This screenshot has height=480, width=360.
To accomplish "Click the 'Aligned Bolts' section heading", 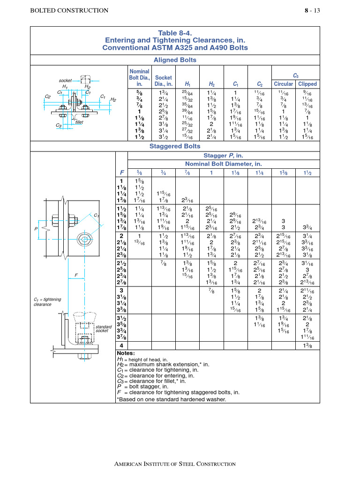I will point(175,60).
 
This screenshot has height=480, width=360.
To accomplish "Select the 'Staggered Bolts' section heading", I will point(175,146).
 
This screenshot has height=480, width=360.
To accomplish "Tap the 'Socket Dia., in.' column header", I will point(164,81).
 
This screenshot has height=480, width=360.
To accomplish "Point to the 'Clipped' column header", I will point(307,84).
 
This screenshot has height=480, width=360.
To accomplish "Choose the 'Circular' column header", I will point(283,84).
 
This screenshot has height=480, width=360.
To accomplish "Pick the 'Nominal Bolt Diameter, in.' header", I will point(224,164).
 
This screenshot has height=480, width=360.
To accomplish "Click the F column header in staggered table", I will point(121,172).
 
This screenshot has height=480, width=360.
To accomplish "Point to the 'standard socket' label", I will point(104,328).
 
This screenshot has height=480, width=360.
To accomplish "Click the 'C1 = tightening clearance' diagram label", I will point(48,301).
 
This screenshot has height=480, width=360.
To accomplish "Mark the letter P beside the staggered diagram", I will point(36,228).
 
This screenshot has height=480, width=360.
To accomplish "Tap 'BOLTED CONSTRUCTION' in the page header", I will point(69,10).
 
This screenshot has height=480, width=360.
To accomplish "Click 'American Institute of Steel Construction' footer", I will point(175,464).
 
